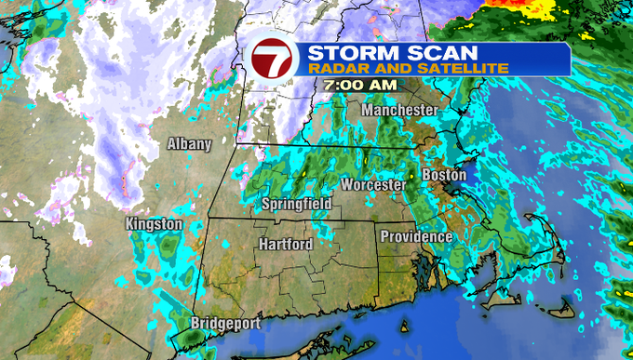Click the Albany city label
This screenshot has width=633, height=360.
coord(189,144)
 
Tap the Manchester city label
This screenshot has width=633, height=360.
coord(399,111)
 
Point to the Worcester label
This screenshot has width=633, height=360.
coord(372,185)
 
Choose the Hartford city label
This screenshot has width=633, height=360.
coord(285,244)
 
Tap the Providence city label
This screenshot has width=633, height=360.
coord(415,237)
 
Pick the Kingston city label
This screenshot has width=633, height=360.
coord(154,225)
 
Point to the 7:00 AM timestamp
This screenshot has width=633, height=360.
coord(360,85)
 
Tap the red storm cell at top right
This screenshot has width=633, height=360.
coord(521,7)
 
